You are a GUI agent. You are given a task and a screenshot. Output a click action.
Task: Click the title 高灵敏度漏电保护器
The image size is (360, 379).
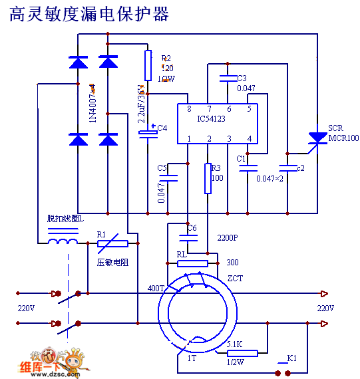[89, 14]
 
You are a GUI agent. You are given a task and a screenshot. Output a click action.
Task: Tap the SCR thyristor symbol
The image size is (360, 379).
[317, 138]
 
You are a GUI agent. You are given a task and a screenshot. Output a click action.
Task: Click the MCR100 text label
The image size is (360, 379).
[343, 138]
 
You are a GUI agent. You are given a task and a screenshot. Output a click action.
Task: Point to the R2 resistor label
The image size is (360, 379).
[166, 59]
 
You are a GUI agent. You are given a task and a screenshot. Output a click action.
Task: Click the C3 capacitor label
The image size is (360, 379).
[242, 78]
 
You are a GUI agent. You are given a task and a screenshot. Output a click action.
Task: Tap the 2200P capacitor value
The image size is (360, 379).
[227, 237]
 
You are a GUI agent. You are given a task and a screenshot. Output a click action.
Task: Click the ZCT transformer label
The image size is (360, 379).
[235, 278]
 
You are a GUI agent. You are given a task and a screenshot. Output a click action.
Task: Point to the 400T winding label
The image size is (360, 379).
[155, 289]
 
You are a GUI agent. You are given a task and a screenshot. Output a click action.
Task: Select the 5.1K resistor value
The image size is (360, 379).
[234, 344]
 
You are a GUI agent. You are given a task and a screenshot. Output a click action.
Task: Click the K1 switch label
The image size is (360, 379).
[291, 359]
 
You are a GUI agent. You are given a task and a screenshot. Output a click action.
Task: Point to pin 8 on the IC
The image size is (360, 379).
[190, 109]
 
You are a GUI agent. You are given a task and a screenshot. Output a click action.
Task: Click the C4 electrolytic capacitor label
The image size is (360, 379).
[162, 128]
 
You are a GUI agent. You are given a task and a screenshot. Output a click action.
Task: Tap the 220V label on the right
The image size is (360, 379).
[325, 309]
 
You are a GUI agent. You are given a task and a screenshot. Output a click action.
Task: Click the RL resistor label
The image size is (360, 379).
[182, 253]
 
